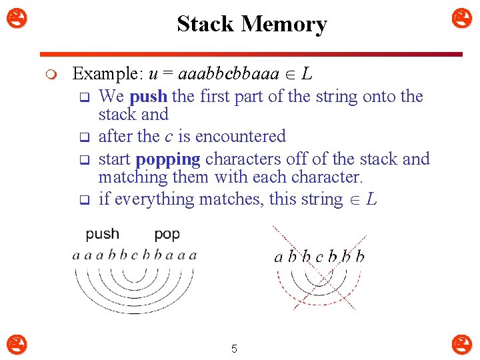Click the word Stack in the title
tap(205, 24)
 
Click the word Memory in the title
tap(284, 24)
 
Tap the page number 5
tap(234, 348)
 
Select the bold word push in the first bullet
tap(149, 97)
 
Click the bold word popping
tap(168, 159)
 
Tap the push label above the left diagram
tap(103, 234)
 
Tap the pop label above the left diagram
tap(167, 234)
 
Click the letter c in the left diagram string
tap(135, 255)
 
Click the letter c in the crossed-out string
tap(319, 257)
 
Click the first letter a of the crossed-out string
tap(279, 257)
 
